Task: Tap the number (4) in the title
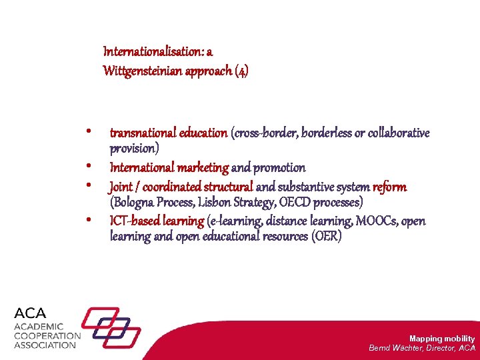click(x=241, y=71)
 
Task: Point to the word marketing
click(x=203, y=167)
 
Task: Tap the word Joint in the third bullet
click(x=121, y=187)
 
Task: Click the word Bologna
click(x=135, y=202)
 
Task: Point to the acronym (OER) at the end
click(x=327, y=237)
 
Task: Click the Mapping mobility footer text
click(x=441, y=339)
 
